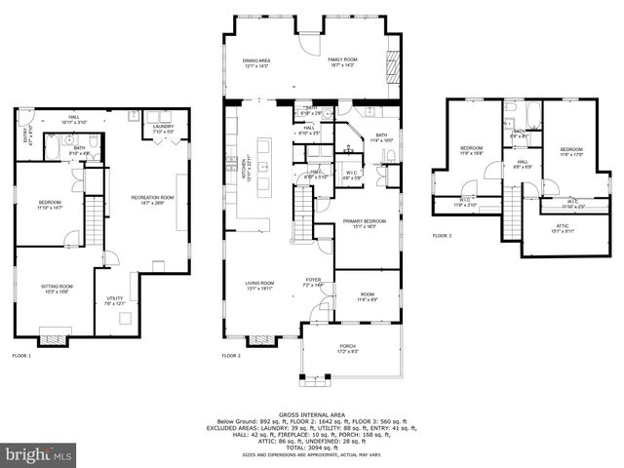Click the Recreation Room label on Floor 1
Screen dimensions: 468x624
(152, 199)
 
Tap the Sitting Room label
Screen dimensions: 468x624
(57, 288)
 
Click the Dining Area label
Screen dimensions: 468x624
(256, 62)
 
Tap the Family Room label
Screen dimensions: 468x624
(341, 62)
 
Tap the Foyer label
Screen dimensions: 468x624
(312, 280)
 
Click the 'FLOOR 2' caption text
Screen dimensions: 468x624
(231, 356)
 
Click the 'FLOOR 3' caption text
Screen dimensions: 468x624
(443, 236)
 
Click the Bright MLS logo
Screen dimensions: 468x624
(39, 454)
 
